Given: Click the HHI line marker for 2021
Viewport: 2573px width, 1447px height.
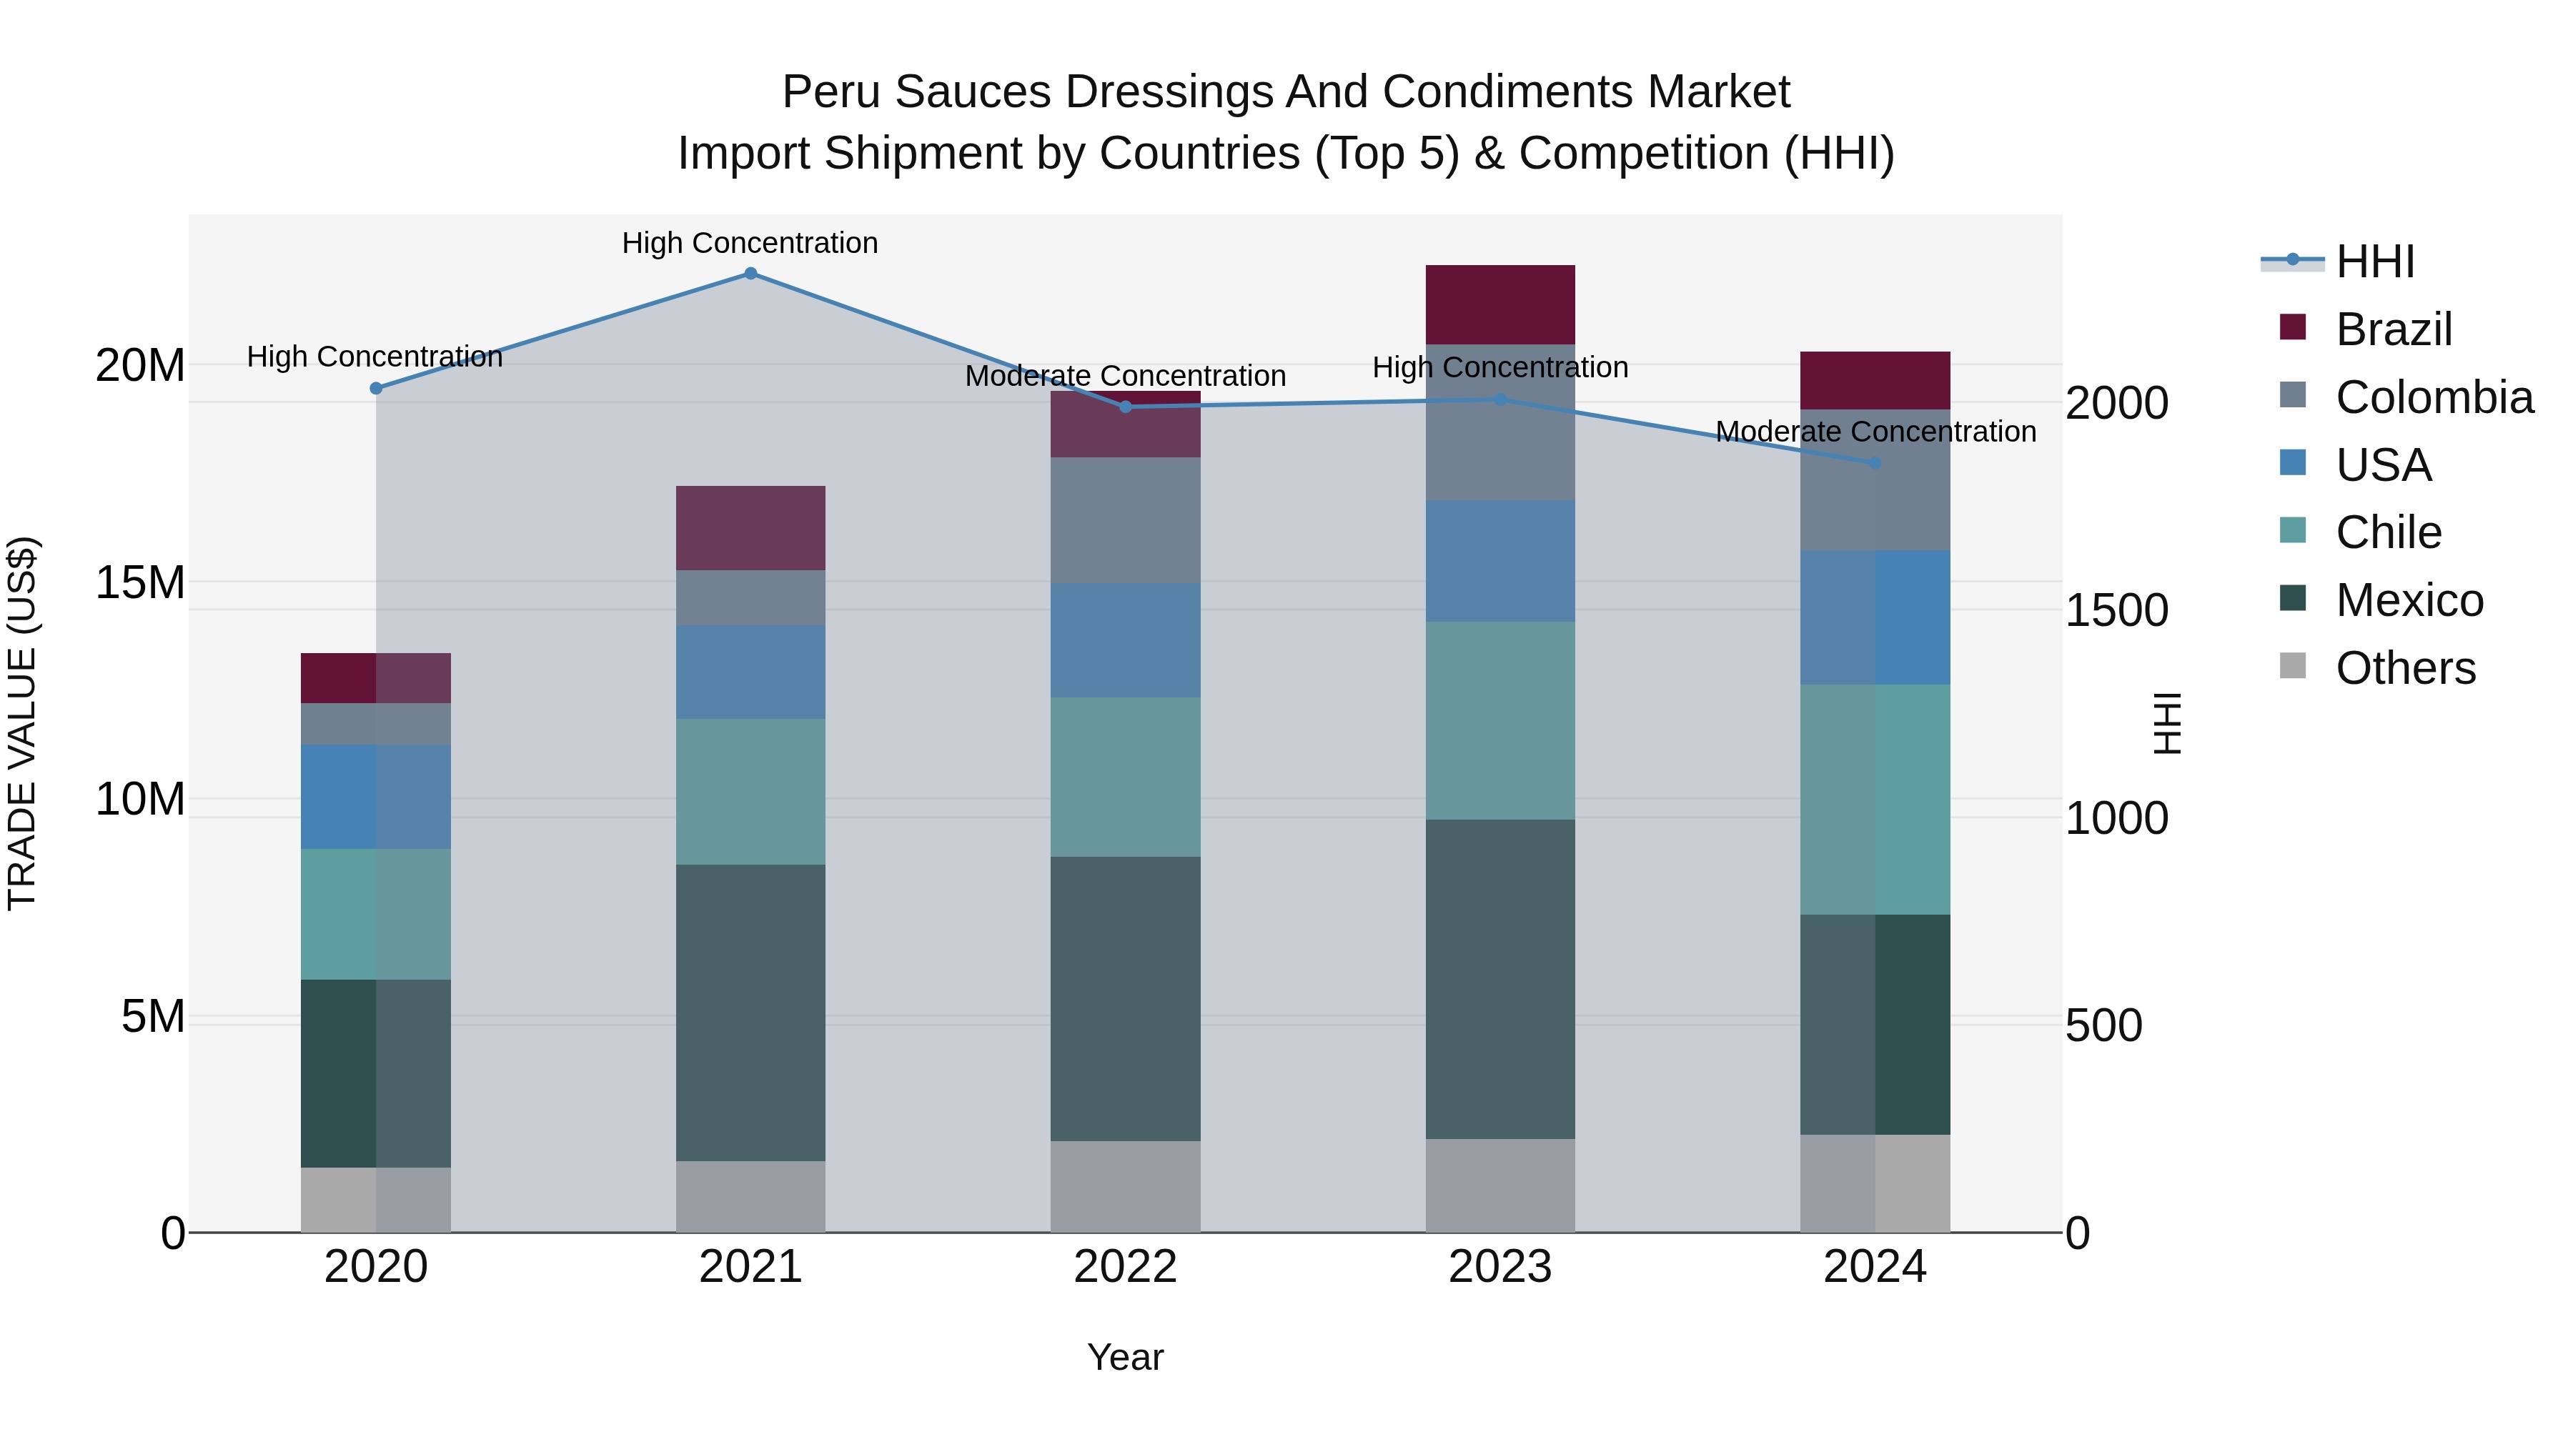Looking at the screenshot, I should tap(750, 274).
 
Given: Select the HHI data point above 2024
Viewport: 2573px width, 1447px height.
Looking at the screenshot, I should tap(1875, 463).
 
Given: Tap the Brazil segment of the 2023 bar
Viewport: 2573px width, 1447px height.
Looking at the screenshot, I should tap(1499, 304).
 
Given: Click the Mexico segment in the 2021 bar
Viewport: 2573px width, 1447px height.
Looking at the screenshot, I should tap(750, 1012).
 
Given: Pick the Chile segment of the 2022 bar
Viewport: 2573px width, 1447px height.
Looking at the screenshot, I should tap(1125, 777).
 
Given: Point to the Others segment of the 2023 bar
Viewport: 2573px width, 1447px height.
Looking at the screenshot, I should tap(1499, 1185).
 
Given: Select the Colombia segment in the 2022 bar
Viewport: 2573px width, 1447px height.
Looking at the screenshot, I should tap(1125, 520).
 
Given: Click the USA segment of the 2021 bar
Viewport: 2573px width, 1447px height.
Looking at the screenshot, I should tap(750, 672).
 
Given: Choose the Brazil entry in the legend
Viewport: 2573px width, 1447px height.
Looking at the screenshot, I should tap(2393, 329).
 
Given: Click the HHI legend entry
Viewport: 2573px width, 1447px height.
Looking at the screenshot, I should tap(2374, 262).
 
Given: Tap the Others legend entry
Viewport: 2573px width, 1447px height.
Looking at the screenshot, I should tap(2405, 668).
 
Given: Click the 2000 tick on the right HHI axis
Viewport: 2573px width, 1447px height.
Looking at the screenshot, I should tap(2116, 404).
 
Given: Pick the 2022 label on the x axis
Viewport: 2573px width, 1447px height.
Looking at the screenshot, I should tap(1125, 1267).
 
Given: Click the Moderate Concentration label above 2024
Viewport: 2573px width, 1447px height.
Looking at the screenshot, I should tap(1875, 432).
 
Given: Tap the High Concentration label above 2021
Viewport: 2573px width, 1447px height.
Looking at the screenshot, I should tap(750, 243).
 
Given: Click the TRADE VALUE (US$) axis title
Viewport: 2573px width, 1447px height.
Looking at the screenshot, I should tap(22, 723).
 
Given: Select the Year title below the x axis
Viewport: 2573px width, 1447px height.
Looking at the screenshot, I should tap(1125, 1357).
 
